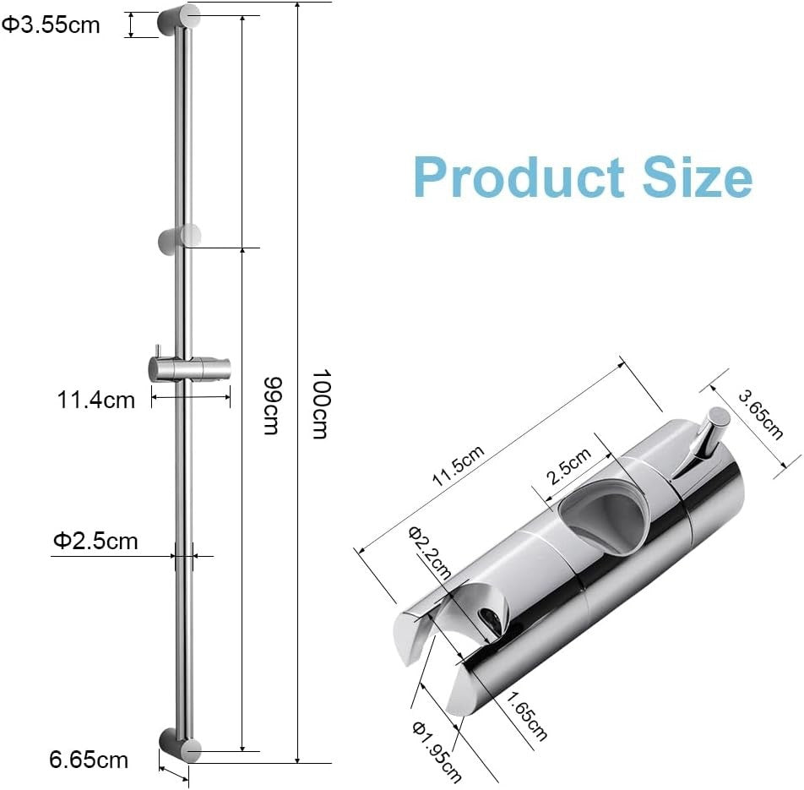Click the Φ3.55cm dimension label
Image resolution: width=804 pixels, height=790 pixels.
(51, 25)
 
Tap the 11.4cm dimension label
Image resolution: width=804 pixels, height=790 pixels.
(95, 400)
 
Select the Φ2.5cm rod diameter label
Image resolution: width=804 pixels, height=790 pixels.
(95, 540)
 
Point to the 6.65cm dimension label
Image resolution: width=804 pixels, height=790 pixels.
(89, 760)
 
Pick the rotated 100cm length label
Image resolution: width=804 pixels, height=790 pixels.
(318, 403)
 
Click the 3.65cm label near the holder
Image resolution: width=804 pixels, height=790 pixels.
(760, 414)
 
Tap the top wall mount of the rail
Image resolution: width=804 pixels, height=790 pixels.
(179, 20)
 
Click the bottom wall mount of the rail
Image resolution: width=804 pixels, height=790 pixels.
(180, 745)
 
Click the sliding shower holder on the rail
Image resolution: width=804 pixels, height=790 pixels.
(187, 369)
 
